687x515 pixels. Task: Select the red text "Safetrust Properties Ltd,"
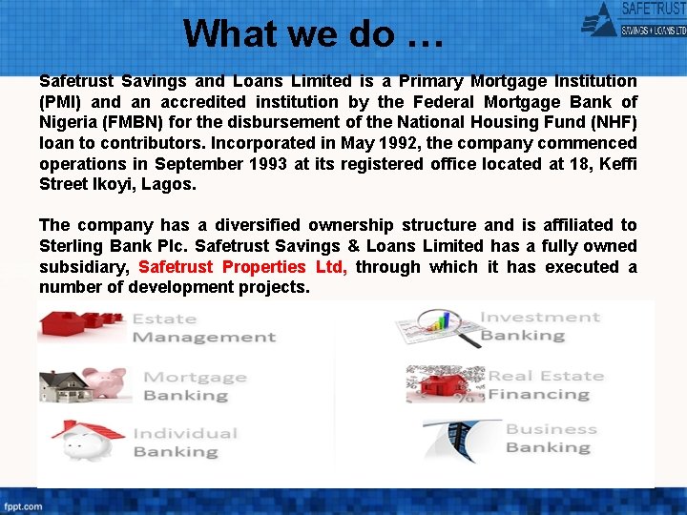click(x=243, y=267)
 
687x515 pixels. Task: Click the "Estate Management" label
click(x=203, y=327)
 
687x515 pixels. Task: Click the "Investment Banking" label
click(x=539, y=326)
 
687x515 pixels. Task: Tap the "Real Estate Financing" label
click(x=546, y=384)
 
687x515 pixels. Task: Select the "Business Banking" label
click(x=551, y=438)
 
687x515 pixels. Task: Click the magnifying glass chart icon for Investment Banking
click(x=435, y=327)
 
